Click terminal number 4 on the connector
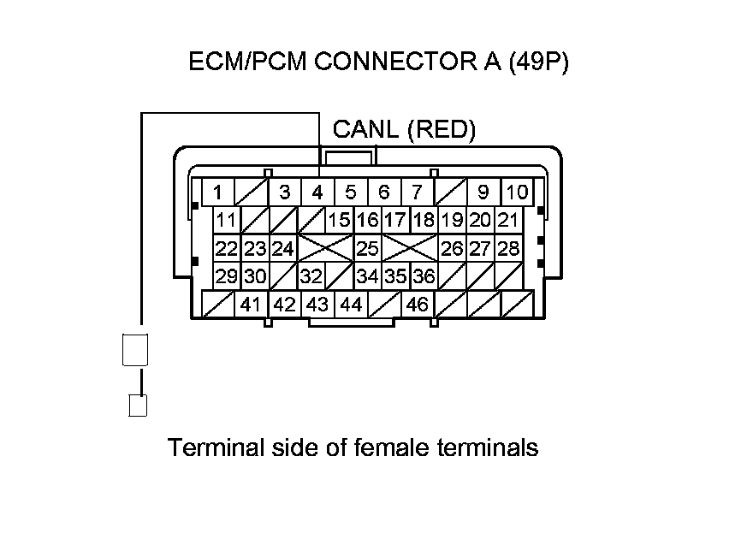point(317,192)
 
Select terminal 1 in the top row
point(219,192)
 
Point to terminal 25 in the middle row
point(367,249)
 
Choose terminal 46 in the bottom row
point(417,304)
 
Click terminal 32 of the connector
point(311,276)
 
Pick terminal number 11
point(227,220)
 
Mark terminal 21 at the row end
point(508,220)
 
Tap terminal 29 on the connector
point(227,276)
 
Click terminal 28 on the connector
point(508,249)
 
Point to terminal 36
point(424,276)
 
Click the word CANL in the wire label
point(365,130)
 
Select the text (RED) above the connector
point(441,130)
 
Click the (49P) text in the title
point(537,62)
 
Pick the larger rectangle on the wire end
point(136,350)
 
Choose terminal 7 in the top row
point(417,192)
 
